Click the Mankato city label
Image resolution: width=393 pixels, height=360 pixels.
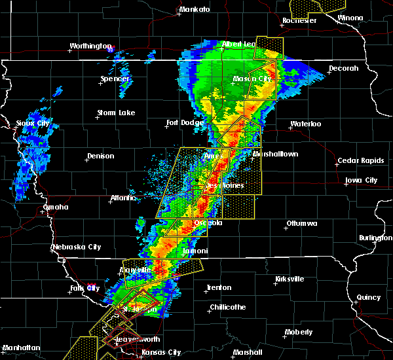tap(195, 9)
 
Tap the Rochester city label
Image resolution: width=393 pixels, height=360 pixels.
tap(299, 20)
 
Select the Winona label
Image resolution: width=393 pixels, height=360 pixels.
tap(368, 18)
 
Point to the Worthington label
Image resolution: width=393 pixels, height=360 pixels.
tap(91, 46)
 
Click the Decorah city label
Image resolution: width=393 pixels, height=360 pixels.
tap(344, 68)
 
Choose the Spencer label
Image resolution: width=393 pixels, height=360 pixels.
tap(115, 79)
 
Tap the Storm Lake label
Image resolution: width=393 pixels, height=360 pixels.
tap(116, 113)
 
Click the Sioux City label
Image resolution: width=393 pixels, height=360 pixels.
tap(33, 123)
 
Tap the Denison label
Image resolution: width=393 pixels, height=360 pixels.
tap(100, 156)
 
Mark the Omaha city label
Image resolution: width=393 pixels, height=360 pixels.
tap(56, 207)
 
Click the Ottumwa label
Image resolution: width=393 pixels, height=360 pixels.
tap(303, 224)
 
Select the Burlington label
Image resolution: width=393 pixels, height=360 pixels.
tap(375, 238)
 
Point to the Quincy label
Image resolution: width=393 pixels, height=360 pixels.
tap(369, 297)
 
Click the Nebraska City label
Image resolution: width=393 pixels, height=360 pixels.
tap(77, 247)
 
